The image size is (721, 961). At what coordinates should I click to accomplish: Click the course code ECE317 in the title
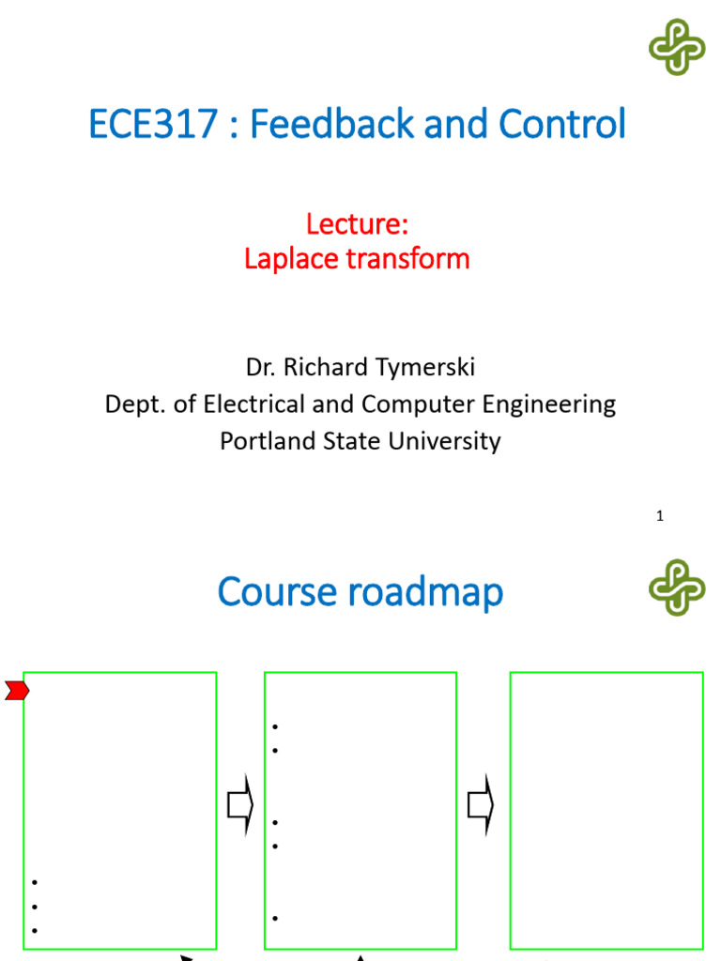tap(153, 125)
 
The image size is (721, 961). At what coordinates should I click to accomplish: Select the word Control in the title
tap(562, 125)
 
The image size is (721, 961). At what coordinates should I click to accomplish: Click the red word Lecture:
tap(357, 224)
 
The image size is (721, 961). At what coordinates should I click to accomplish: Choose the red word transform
tap(415, 258)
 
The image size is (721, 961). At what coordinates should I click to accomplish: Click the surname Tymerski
tap(424, 367)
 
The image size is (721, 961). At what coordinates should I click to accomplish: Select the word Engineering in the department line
tap(545, 404)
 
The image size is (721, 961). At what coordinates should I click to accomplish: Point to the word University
tap(449, 441)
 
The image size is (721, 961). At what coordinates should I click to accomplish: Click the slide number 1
tap(660, 515)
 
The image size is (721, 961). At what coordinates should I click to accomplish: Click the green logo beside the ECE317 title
tap(677, 47)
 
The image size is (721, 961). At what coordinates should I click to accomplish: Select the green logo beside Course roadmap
tap(677, 587)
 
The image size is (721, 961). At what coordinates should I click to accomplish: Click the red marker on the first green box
tap(17, 692)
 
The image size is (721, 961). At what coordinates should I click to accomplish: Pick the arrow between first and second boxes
tap(241, 804)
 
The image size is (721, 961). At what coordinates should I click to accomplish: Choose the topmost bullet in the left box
tap(35, 883)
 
